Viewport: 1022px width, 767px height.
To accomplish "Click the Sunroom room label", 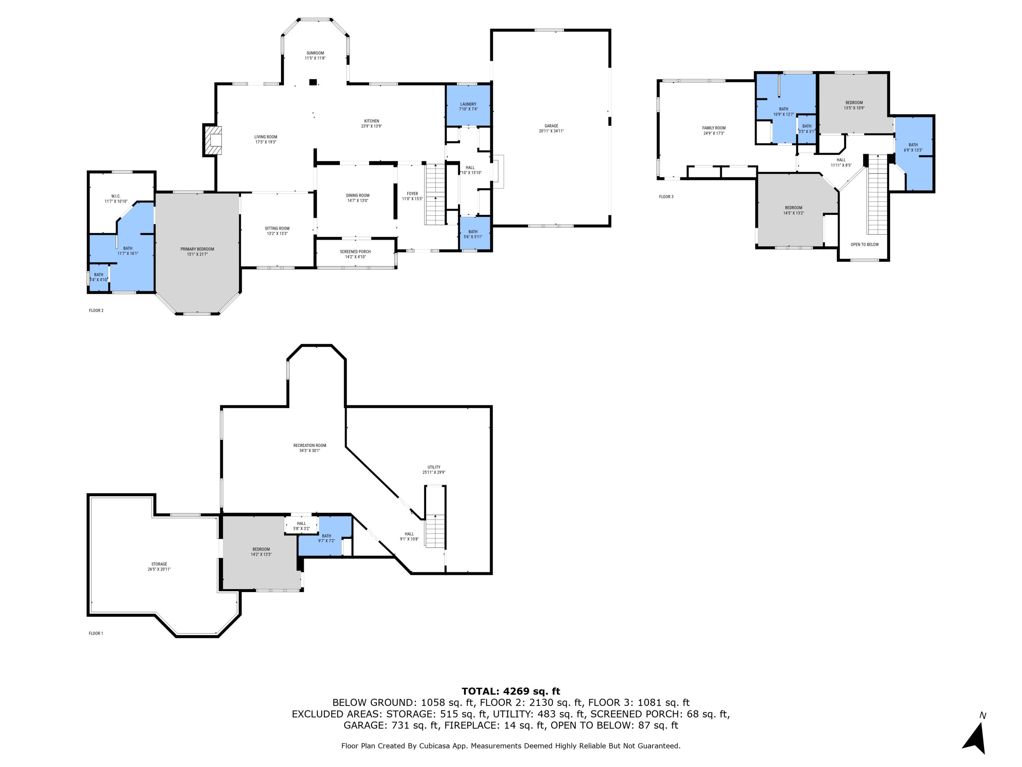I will (x=315, y=53).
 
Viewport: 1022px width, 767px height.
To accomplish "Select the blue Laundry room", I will (x=468, y=106).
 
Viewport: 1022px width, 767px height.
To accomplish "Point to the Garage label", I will (x=551, y=126).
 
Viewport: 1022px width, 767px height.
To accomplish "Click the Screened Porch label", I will (x=355, y=252).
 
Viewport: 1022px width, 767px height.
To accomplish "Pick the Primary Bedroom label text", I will (x=197, y=249).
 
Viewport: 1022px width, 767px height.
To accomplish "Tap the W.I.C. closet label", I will (x=115, y=196).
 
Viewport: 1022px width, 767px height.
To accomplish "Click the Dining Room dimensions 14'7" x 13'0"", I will (x=358, y=201).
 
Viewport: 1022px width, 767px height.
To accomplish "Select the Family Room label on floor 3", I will (x=714, y=128).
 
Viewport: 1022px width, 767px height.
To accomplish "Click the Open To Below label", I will (x=865, y=244).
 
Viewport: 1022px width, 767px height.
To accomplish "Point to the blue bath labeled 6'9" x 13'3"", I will (x=913, y=148).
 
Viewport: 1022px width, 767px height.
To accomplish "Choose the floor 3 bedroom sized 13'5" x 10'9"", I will (x=854, y=105).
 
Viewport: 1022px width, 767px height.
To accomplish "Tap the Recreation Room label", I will (x=310, y=446).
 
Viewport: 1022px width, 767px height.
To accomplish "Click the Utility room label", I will (x=434, y=467).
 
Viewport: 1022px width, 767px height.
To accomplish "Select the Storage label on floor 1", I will (x=159, y=564).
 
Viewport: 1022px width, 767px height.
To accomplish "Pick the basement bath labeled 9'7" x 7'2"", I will (x=326, y=538).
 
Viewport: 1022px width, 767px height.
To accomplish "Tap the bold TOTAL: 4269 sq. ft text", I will (x=511, y=691).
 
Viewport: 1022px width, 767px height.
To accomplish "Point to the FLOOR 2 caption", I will (x=96, y=311).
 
